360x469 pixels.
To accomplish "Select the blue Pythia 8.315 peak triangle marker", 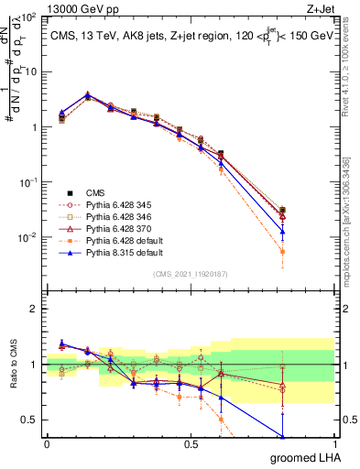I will pos(87,94).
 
